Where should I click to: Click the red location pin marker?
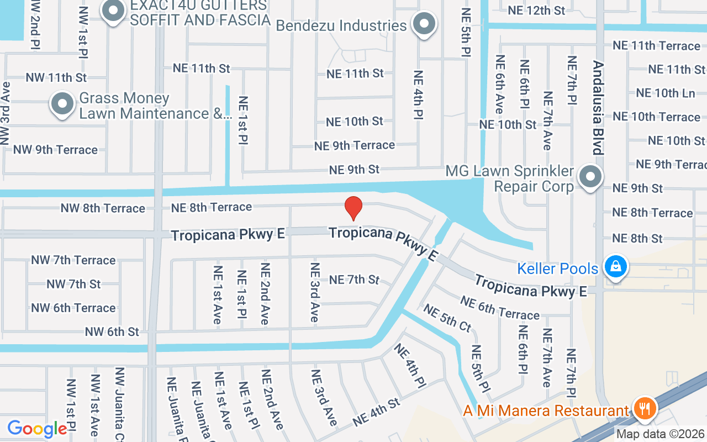tap(353, 208)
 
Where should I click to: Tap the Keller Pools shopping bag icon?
tap(616, 268)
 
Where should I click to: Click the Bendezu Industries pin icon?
tap(424, 24)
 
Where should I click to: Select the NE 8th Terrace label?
tap(212, 207)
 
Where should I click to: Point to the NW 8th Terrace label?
tap(103, 208)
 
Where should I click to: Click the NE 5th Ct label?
tap(447, 318)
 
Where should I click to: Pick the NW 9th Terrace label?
tap(55, 150)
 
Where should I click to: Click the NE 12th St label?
tap(536, 10)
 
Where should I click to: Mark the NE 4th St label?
tap(377, 412)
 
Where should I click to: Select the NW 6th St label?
tap(112, 331)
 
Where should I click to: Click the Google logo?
tap(37, 429)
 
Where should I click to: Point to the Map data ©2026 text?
tap(661, 434)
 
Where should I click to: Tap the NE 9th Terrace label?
tap(355, 145)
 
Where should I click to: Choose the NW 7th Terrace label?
tap(73, 260)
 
